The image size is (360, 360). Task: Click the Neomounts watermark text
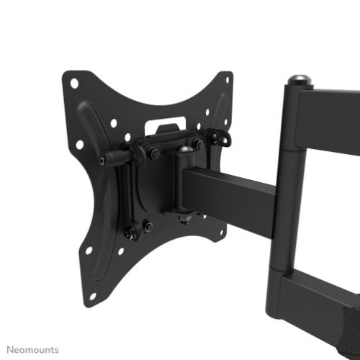tap(30, 349)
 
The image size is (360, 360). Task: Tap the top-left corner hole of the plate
tap(74, 83)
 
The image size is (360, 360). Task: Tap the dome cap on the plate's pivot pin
tap(184, 150)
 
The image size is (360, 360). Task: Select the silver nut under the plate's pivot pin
tap(184, 215)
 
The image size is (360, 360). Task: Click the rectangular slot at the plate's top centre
tap(165, 127)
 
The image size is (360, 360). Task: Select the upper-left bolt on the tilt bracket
tap(153, 153)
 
